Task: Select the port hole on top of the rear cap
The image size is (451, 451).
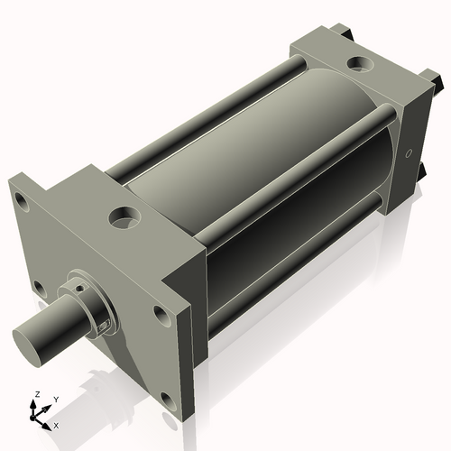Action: pos(358,65)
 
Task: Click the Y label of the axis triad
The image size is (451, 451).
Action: pos(55,399)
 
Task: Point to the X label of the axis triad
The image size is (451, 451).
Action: pos(56,424)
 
